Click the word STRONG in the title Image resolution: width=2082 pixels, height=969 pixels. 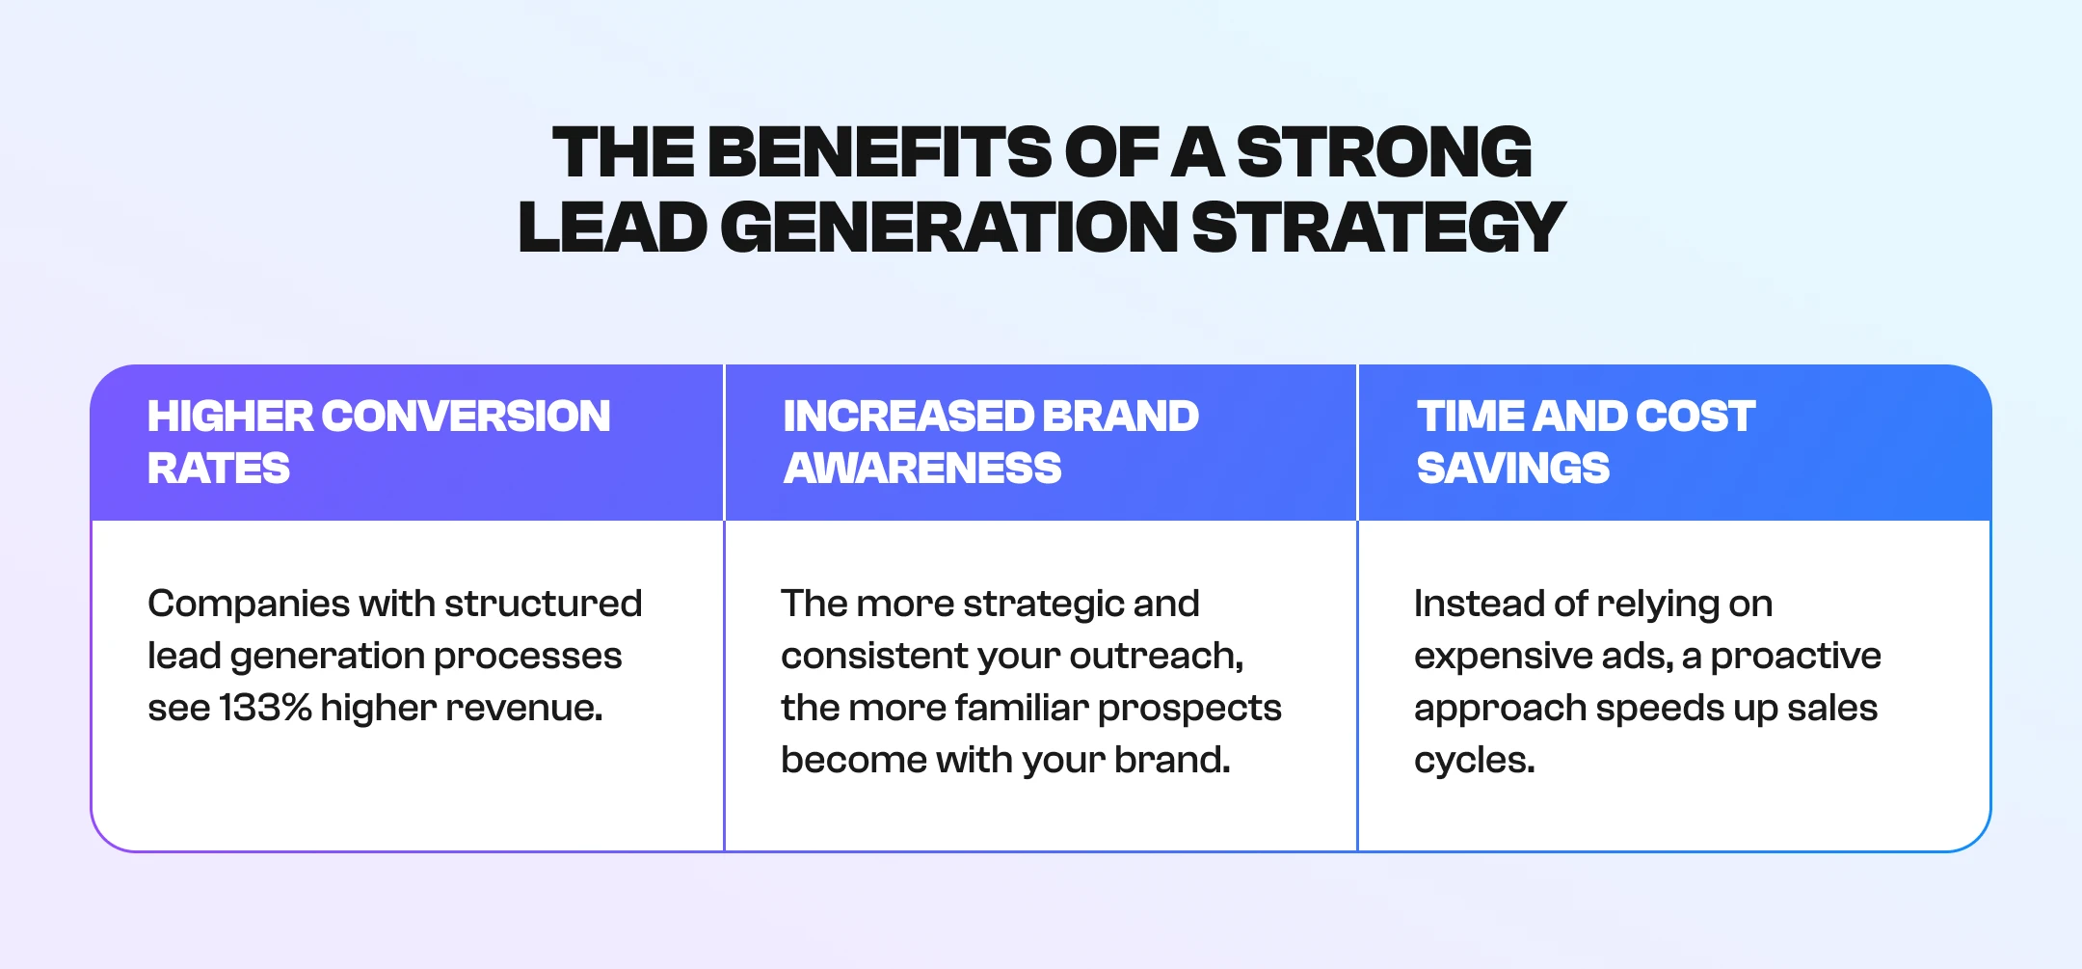[x=1384, y=152]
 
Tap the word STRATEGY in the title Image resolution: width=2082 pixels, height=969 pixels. [x=1378, y=228]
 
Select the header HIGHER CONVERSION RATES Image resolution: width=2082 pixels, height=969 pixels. [x=379, y=443]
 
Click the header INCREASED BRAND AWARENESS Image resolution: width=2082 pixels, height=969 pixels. [x=991, y=443]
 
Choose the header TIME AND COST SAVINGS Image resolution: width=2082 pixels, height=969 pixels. [x=1586, y=443]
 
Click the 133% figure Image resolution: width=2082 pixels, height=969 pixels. [x=265, y=708]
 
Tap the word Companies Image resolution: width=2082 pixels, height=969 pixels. [x=249, y=605]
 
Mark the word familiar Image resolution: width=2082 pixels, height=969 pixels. [x=1021, y=708]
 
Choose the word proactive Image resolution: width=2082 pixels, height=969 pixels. [x=1796, y=657]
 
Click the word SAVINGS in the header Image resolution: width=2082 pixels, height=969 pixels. [x=1513, y=469]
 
